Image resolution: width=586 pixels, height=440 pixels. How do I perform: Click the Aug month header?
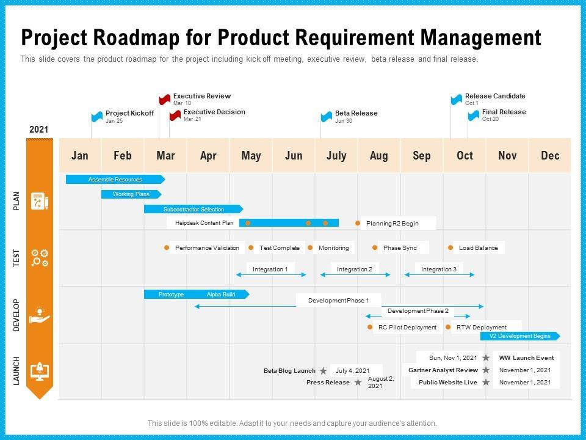coord(378,156)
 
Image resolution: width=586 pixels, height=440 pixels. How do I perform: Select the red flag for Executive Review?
coord(164,100)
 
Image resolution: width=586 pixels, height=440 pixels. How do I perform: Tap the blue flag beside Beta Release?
coord(327,117)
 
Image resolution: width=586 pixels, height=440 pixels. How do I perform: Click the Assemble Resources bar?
coord(115,180)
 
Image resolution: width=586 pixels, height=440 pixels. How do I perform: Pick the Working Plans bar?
coord(131,194)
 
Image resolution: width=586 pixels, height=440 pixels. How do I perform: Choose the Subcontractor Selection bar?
coord(193,209)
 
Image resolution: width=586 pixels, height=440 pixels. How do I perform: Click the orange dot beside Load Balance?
coord(450,248)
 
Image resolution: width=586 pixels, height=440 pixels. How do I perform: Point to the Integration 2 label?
coord(354,269)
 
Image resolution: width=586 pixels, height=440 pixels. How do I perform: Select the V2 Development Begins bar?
coord(519,336)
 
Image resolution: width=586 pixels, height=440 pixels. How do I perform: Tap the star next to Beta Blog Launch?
coord(323,371)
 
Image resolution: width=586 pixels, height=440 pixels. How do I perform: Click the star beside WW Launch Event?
coord(486,358)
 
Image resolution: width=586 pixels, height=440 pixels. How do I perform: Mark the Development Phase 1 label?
coord(338,301)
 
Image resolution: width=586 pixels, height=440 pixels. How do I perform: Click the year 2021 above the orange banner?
coord(38,130)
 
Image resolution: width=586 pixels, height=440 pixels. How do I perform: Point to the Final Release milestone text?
coord(503,112)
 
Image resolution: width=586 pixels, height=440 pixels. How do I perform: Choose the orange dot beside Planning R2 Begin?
coord(358,224)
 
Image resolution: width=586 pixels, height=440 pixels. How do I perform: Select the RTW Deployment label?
coord(481,328)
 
